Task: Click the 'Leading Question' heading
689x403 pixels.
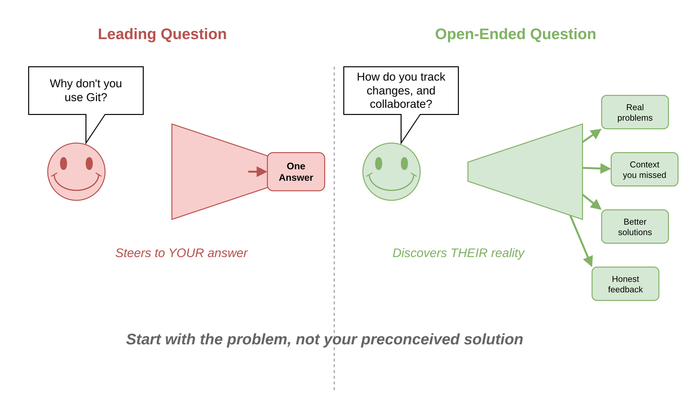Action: pyautogui.click(x=162, y=34)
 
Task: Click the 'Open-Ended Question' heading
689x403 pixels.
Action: pyautogui.click(x=515, y=34)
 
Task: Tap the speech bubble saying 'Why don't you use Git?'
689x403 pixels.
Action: pyautogui.click(x=86, y=91)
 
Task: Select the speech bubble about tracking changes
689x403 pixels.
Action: pyautogui.click(x=401, y=91)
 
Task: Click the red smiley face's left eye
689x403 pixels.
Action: pyautogui.click(x=64, y=164)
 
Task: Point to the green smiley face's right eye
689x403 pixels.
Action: pyautogui.click(x=404, y=164)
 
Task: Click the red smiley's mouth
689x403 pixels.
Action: pyautogui.click(x=76, y=187)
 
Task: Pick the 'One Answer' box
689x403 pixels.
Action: pyautogui.click(x=296, y=172)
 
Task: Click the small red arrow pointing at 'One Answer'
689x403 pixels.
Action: pyautogui.click(x=258, y=172)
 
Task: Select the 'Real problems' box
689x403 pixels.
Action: pyautogui.click(x=635, y=113)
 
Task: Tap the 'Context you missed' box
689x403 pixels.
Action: pyautogui.click(x=644, y=170)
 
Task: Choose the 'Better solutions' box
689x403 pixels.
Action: pyautogui.click(x=635, y=227)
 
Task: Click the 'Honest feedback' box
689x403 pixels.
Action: pyautogui.click(x=625, y=284)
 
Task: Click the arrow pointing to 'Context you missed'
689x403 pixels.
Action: pyautogui.click(x=597, y=168)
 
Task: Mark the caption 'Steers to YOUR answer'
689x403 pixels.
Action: pyautogui.click(x=181, y=253)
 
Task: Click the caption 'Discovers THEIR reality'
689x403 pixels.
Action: pyautogui.click(x=458, y=253)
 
